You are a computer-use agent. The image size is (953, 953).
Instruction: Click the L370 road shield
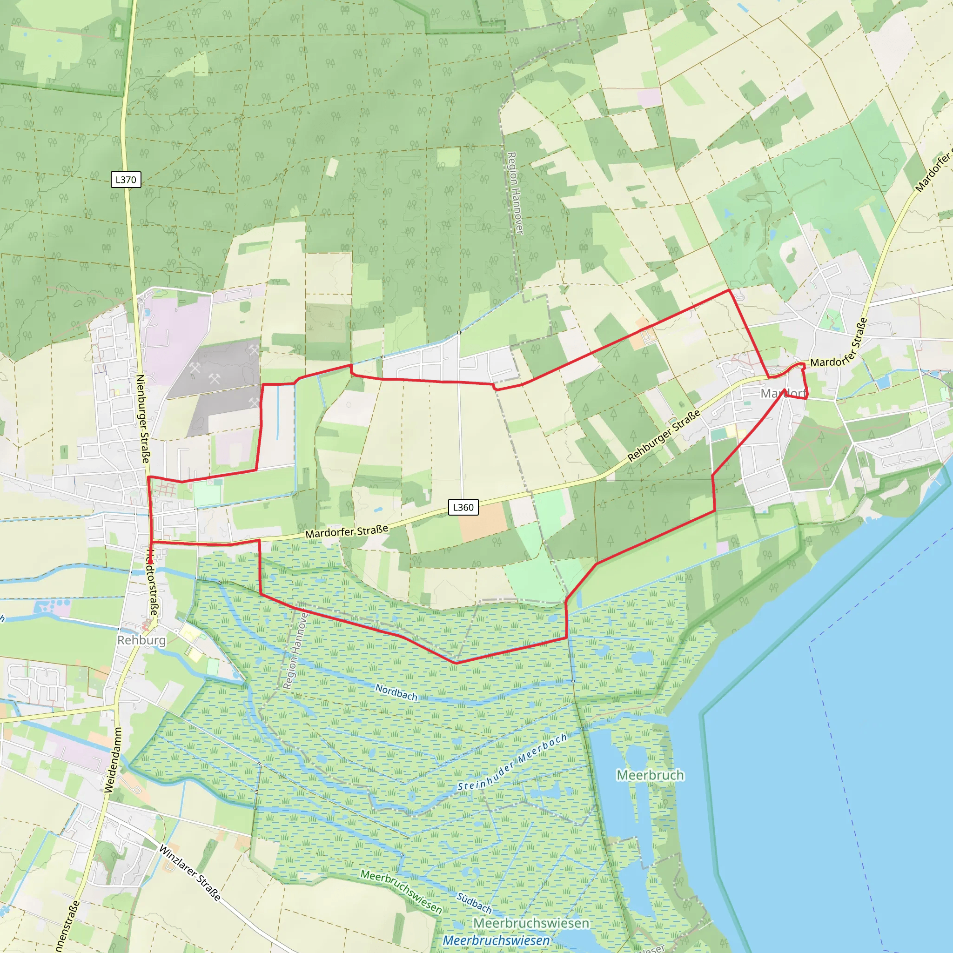[126, 180]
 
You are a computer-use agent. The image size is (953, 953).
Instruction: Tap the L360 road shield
[463, 507]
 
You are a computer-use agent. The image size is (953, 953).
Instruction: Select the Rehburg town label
[141, 640]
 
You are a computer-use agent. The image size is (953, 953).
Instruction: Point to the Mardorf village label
[783, 393]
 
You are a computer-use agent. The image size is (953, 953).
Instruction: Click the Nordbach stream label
[396, 692]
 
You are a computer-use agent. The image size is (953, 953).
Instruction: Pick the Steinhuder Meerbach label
[512, 763]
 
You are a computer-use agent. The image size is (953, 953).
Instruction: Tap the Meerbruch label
[650, 775]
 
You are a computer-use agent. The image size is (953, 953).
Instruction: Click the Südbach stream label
[474, 903]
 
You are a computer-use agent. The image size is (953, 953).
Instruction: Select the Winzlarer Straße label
[190, 872]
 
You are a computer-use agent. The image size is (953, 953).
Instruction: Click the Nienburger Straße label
[143, 418]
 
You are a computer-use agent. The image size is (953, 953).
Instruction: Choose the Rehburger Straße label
[664, 436]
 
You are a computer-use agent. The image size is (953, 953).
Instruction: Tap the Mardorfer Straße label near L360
[346, 532]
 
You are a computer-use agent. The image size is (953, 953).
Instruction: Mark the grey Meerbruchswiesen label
[531, 923]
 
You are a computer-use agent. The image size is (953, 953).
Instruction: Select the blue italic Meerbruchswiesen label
[496, 940]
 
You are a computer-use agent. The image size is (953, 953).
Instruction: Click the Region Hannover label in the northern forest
[515, 193]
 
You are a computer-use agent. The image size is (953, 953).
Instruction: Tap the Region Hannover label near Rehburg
[295, 650]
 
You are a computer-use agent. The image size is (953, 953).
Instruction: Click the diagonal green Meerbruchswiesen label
[401, 891]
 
